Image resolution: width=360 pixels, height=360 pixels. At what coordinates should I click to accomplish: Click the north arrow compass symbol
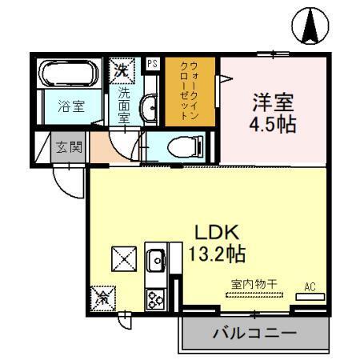pyautogui.click(x=311, y=26)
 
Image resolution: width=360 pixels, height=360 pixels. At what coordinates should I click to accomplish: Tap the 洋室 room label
pyautogui.click(x=274, y=103)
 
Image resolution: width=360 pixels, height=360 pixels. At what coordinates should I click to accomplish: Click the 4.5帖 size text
pyautogui.click(x=274, y=124)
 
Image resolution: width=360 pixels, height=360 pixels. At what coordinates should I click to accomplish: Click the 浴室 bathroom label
pyautogui.click(x=66, y=104)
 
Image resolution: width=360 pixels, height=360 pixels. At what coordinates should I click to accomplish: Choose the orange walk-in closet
pyautogui.click(x=191, y=90)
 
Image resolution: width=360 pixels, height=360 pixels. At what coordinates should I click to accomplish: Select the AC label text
pyautogui.click(x=309, y=286)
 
